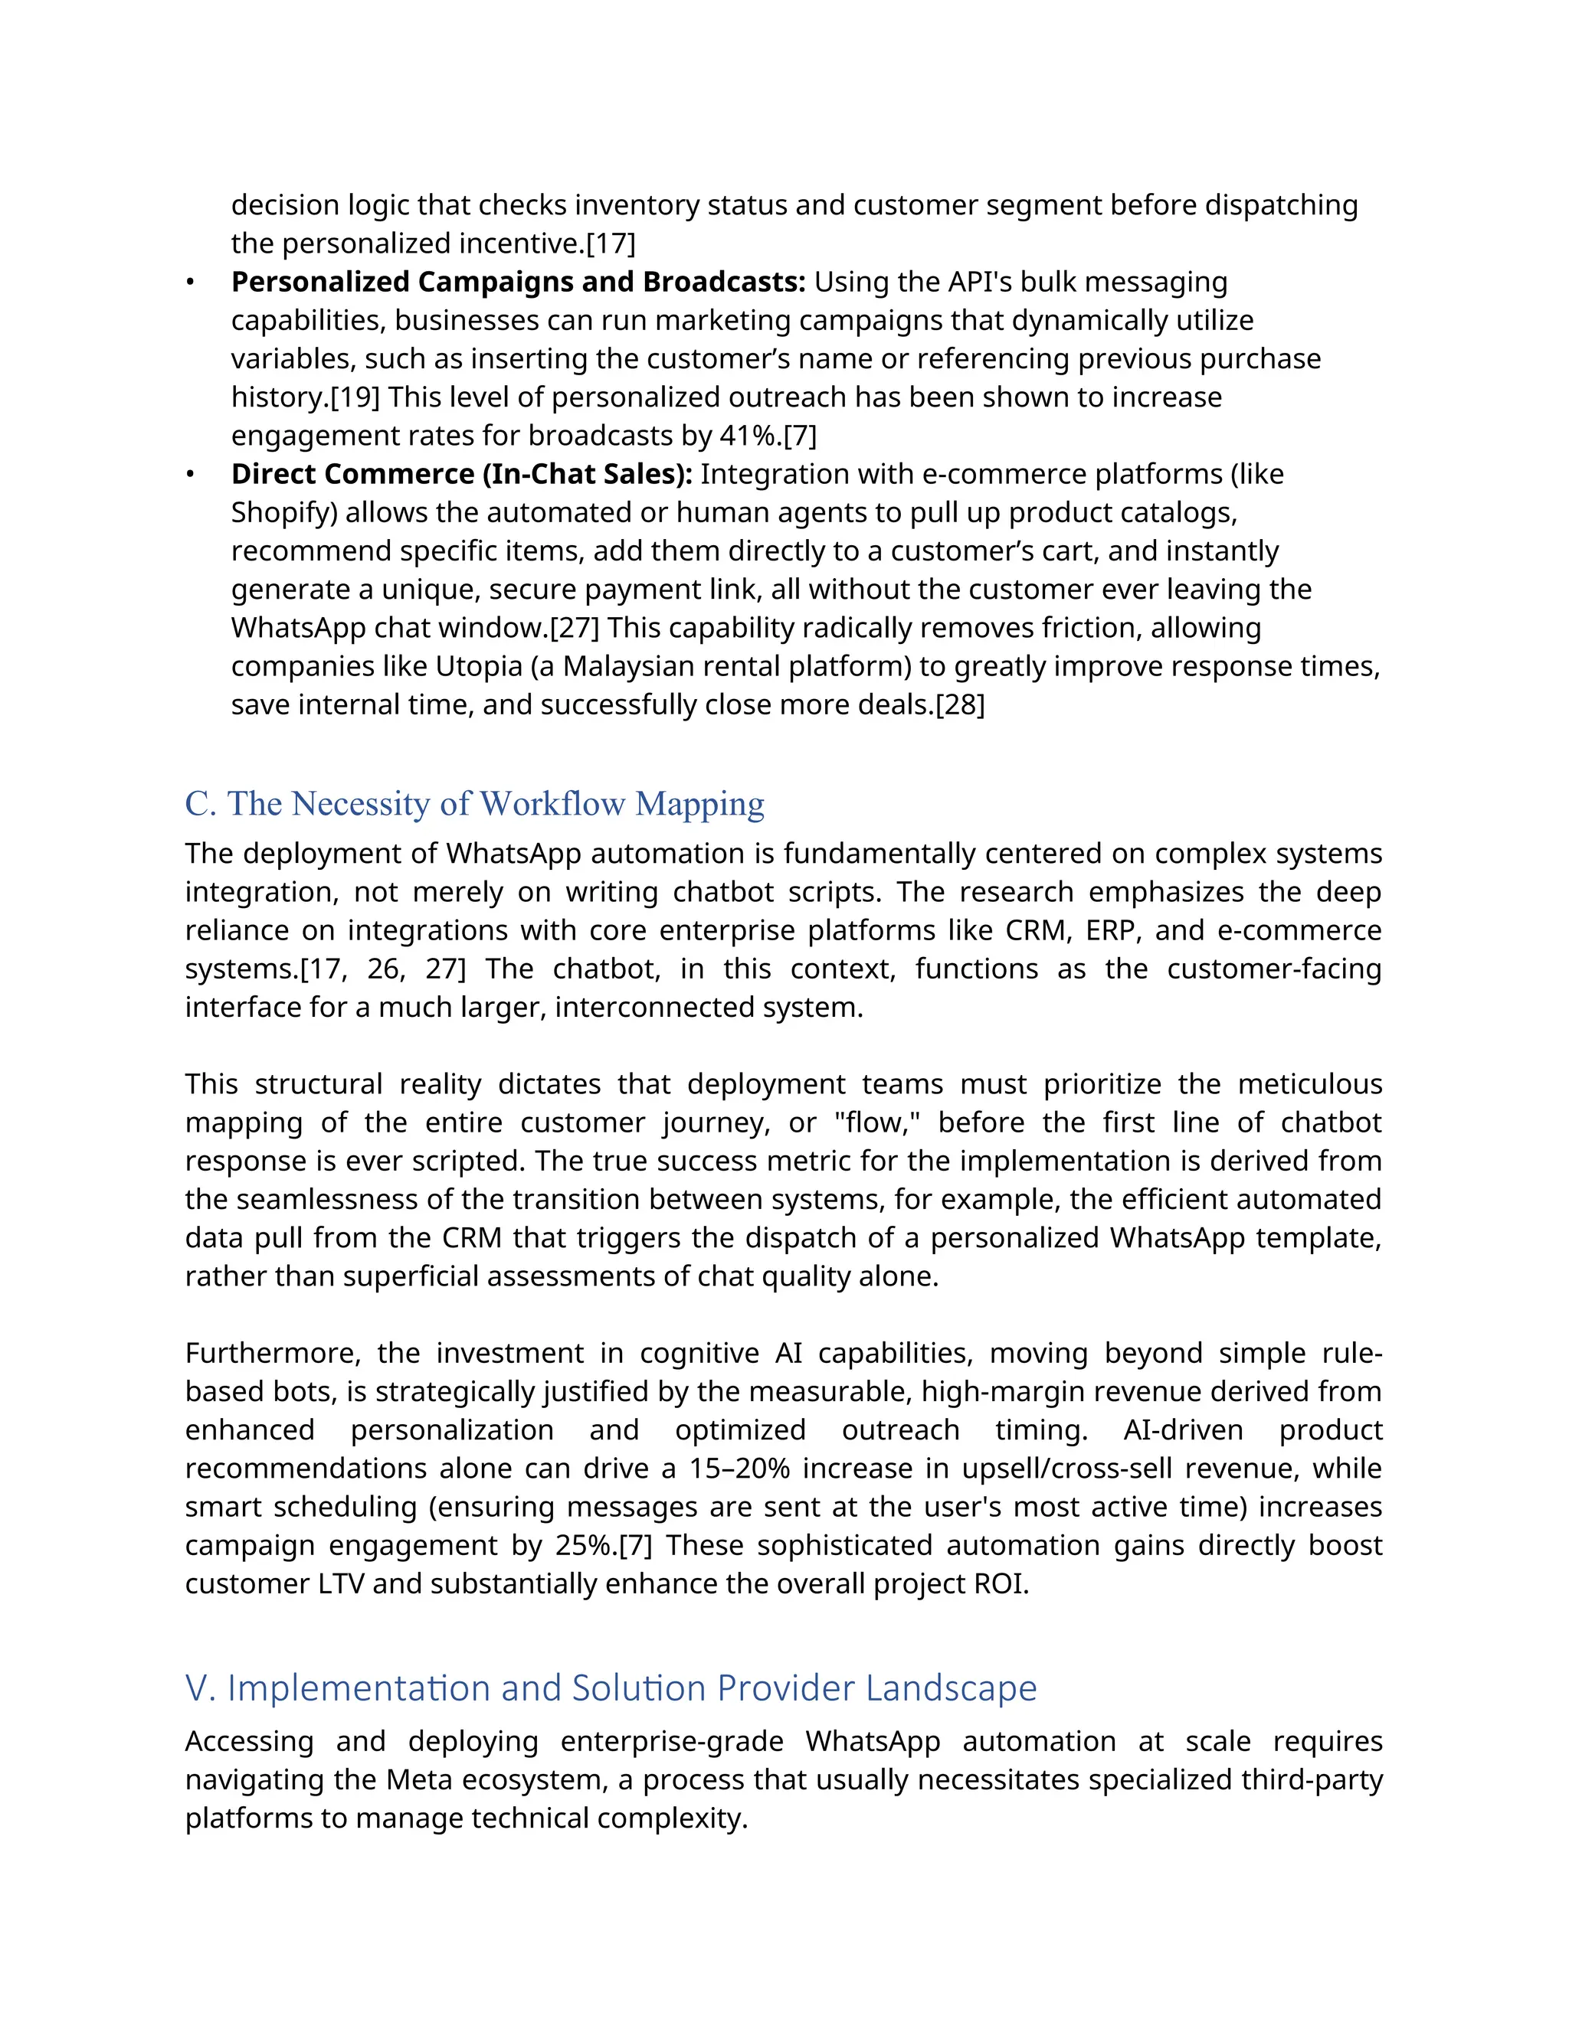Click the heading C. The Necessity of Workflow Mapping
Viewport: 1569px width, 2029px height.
pos(474,804)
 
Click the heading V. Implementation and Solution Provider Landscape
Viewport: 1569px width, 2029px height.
pos(611,1687)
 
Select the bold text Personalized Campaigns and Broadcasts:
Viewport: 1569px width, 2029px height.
pos(518,282)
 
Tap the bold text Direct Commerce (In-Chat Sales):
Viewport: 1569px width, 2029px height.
pos(461,474)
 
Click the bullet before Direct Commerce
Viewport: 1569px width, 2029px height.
pos(190,475)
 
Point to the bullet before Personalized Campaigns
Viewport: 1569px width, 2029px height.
pos(190,283)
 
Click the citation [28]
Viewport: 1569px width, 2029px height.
pos(959,705)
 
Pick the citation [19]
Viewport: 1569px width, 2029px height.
pos(355,397)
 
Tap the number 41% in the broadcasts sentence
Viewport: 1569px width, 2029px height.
pos(750,436)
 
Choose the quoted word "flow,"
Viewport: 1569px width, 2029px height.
pos(876,1122)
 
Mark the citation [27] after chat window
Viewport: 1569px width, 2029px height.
pos(575,628)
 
